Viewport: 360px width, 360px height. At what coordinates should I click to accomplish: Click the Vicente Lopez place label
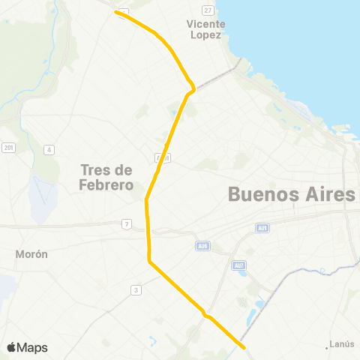[x=205, y=29]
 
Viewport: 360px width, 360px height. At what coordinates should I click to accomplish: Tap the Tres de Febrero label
[x=106, y=177]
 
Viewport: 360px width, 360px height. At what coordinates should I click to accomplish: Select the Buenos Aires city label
[x=290, y=195]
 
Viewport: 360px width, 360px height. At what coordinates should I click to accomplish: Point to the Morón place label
[x=31, y=254]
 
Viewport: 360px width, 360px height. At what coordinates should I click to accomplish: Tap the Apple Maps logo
[x=27, y=347]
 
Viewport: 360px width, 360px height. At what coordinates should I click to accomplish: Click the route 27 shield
[x=208, y=10]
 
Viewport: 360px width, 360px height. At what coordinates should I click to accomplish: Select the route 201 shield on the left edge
[x=8, y=146]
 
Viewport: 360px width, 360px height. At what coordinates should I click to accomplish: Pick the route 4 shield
[x=49, y=150]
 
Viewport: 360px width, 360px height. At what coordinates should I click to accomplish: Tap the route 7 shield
[x=127, y=224]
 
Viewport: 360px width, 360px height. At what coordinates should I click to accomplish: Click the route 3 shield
[x=136, y=289]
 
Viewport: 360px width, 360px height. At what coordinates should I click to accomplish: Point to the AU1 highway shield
[x=262, y=227]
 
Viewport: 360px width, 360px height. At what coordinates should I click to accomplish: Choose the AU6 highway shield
[x=202, y=245]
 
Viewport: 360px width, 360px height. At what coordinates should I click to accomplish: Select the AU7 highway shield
[x=238, y=265]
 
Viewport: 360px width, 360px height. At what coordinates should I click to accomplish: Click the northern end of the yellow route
[x=115, y=12]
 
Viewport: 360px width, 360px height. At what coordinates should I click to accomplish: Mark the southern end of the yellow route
[x=244, y=346]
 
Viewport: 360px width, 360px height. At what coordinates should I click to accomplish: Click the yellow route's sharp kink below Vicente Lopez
[x=193, y=89]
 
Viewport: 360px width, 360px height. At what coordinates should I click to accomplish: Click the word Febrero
[x=106, y=184]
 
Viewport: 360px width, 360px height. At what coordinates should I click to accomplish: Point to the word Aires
[x=322, y=195]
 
